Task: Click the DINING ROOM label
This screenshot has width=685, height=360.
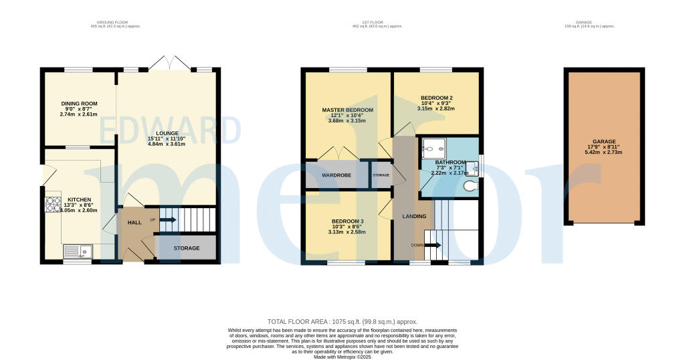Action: [80, 104]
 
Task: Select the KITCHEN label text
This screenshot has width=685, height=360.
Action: [74, 199]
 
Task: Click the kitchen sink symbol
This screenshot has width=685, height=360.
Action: [78, 252]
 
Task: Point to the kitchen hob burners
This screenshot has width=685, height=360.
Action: [52, 204]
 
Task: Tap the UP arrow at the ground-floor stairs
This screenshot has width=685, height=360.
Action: [167, 219]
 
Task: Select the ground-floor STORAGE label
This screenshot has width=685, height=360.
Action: [187, 248]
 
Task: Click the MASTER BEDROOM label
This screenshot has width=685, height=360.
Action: [347, 110]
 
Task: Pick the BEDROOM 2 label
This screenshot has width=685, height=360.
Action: [436, 96]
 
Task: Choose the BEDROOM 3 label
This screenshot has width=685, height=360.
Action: [348, 221]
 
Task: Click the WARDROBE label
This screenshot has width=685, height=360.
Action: [336, 175]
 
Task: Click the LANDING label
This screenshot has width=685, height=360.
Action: [414, 216]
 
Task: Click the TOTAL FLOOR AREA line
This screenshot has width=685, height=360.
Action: [342, 321]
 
